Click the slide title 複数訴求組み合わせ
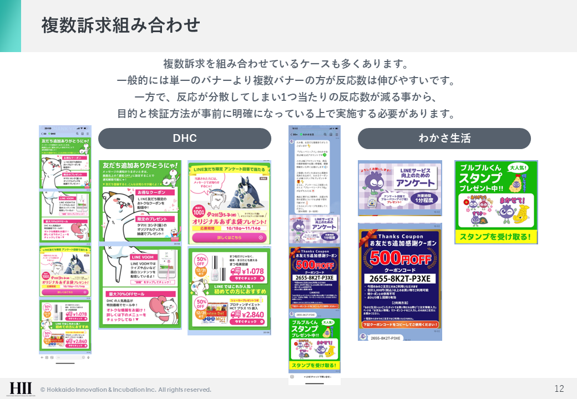[x=120, y=25]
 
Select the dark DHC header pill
[x=185, y=139]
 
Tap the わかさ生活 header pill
[x=444, y=139]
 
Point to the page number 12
[x=559, y=388]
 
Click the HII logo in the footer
[x=21, y=388]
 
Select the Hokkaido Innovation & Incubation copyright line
[x=126, y=390]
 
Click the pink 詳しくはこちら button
[x=229, y=238]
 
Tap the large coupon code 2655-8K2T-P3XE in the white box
[x=399, y=278]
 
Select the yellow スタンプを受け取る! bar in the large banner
[x=496, y=238]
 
